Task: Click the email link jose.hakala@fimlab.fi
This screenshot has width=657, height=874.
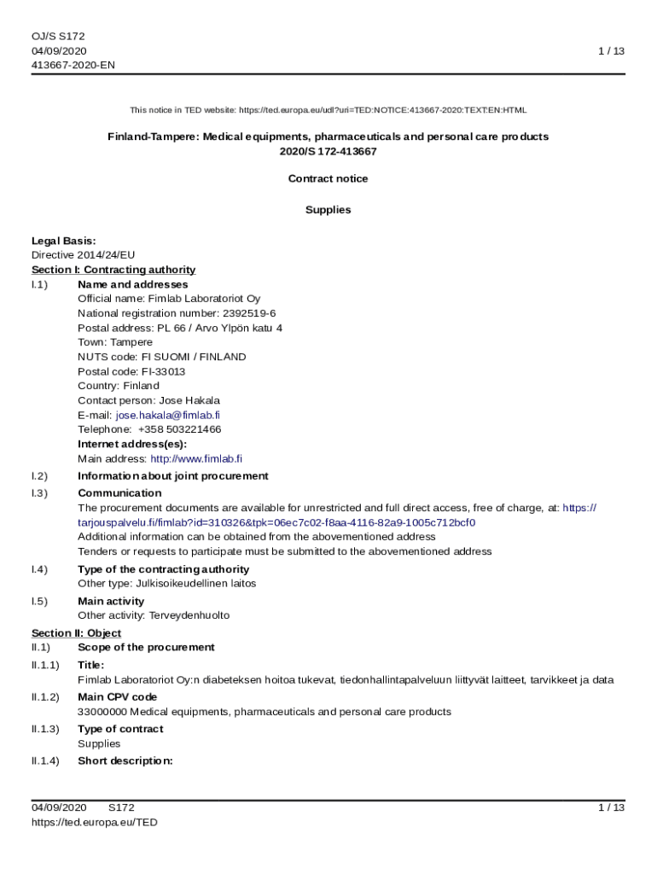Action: click(x=167, y=415)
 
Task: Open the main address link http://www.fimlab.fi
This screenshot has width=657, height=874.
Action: click(x=196, y=458)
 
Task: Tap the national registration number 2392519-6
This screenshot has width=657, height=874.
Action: click(x=249, y=313)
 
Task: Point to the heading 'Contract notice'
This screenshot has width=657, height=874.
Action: click(x=328, y=178)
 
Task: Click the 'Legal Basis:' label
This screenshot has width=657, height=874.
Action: click(x=64, y=241)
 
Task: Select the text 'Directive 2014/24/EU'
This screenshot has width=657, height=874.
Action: click(x=83, y=254)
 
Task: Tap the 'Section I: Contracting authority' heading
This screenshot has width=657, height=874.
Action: click(x=113, y=270)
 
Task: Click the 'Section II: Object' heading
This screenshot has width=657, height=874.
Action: click(x=76, y=632)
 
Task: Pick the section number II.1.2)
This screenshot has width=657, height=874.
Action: click(x=45, y=697)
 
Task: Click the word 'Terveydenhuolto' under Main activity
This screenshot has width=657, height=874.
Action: click(x=189, y=615)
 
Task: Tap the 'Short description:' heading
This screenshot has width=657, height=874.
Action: click(x=125, y=760)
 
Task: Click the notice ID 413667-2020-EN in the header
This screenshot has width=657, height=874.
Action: click(x=73, y=65)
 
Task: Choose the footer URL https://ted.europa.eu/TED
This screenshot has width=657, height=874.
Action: click(x=94, y=822)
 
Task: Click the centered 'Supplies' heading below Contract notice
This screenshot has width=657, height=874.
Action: click(x=328, y=209)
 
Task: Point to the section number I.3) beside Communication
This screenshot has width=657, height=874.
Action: click(x=39, y=493)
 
